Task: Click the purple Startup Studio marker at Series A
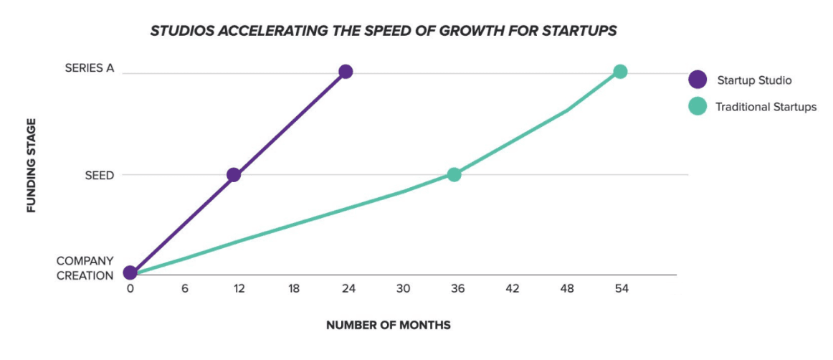[x=346, y=72]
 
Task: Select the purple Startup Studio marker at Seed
[x=233, y=175]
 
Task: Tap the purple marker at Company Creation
[x=130, y=273]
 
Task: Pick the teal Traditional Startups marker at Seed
[x=454, y=175]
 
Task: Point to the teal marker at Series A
[x=620, y=72]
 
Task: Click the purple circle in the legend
[x=697, y=80]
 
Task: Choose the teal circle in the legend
[x=697, y=107]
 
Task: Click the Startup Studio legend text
[x=754, y=80]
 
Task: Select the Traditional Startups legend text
[x=766, y=108]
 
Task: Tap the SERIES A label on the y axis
[x=89, y=68]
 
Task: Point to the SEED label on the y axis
[x=100, y=176]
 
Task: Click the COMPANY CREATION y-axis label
[x=85, y=268]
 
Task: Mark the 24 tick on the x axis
[x=348, y=289]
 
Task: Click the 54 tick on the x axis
[x=621, y=289]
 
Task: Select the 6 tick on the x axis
[x=185, y=289]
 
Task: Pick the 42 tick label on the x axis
[x=512, y=289]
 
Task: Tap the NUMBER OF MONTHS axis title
[x=389, y=326]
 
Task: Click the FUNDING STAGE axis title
[x=32, y=166]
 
